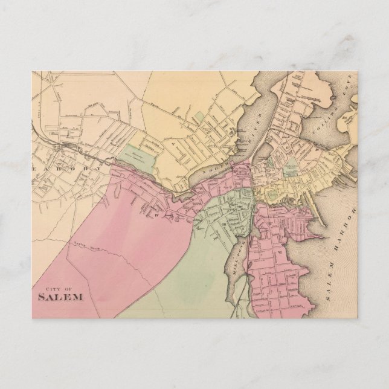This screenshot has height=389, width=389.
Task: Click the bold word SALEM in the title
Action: pos(60,297)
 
